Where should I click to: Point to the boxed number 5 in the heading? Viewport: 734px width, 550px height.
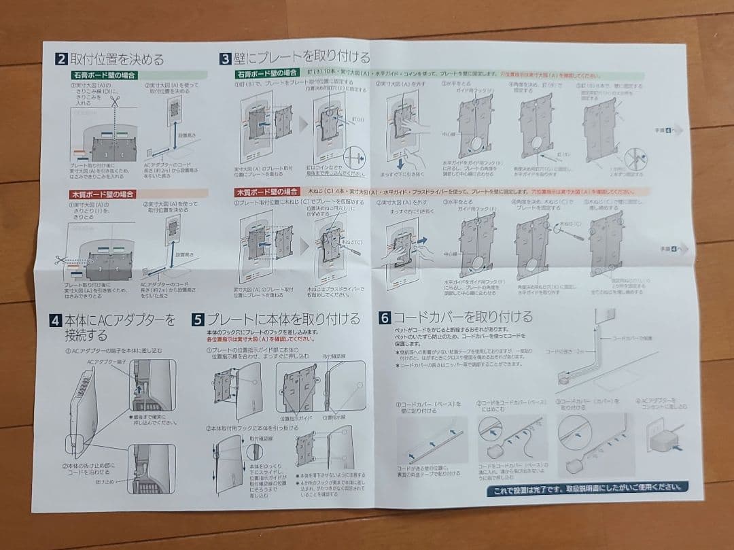click(197, 319)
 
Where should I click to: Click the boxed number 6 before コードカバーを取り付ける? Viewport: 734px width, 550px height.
click(385, 317)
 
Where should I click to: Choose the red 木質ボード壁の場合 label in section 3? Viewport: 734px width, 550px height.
click(267, 192)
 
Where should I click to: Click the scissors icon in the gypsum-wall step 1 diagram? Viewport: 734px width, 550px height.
click(116, 101)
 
